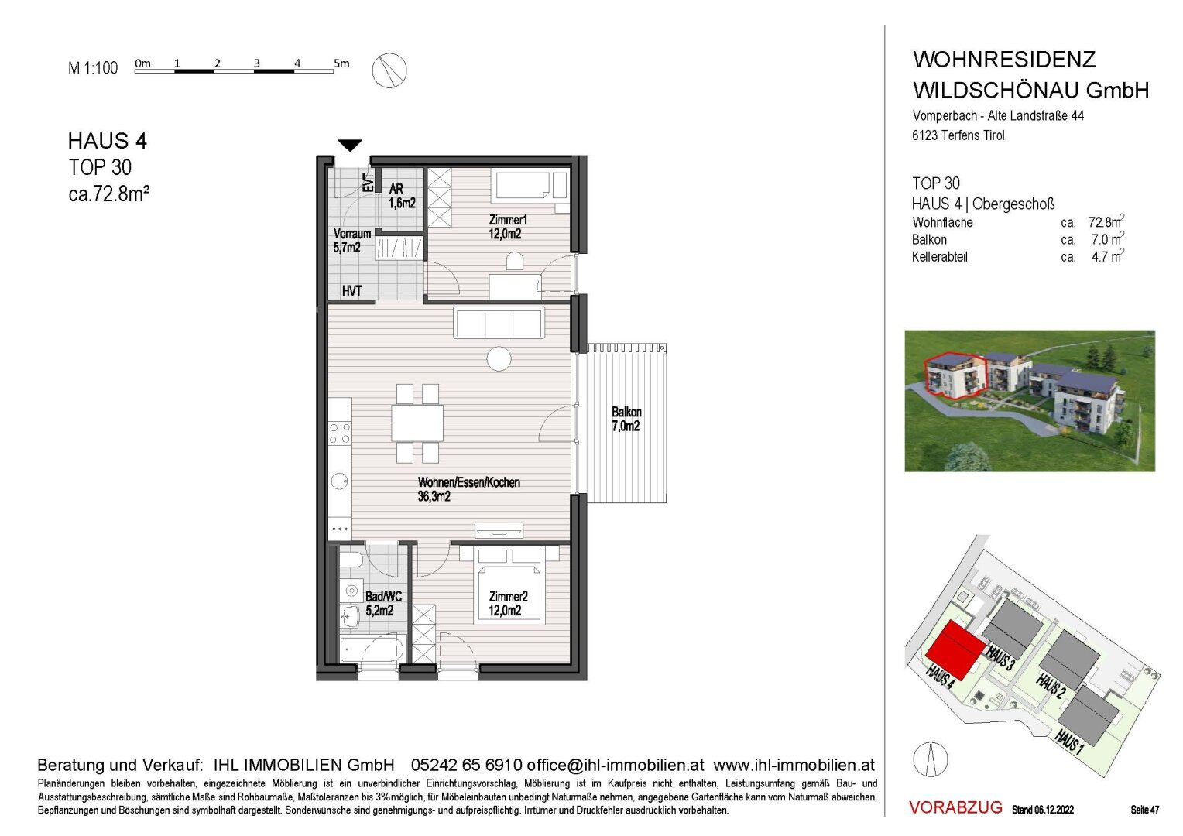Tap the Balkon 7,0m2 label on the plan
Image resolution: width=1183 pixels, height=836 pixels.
626,419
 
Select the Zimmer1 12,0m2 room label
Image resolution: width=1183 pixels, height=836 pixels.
508,227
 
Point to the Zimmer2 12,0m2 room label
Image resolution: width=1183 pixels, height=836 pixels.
508,604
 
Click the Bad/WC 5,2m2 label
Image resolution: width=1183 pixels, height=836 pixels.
383,604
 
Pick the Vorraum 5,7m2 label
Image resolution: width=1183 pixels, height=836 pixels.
351,240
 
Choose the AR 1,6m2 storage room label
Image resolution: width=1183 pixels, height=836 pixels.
402,196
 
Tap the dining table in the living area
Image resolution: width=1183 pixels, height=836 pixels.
417,423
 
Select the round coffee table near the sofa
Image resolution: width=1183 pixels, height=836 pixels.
499,359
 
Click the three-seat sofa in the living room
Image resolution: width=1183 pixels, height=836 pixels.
499,323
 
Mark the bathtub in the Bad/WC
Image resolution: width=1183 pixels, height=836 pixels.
372,649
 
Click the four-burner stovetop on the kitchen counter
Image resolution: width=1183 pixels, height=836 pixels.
340,433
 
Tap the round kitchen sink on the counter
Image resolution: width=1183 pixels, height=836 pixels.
340,481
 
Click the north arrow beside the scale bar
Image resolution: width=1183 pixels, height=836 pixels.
389,70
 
